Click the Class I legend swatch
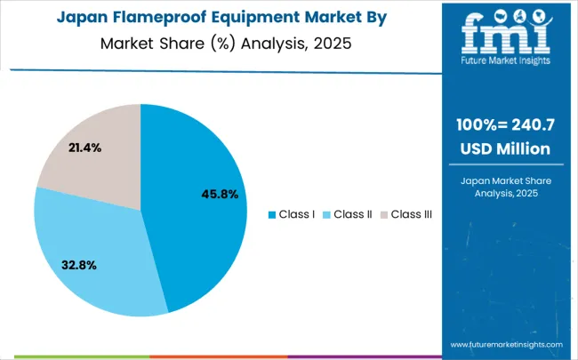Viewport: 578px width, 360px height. [272, 214]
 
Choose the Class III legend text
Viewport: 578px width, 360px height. [411, 214]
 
